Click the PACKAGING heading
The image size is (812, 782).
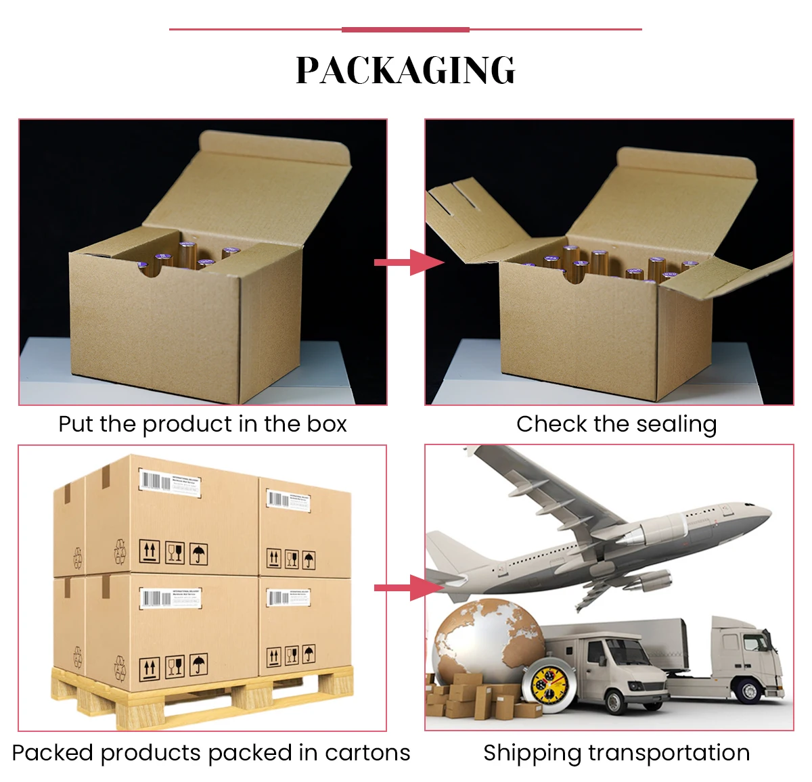coord(405,70)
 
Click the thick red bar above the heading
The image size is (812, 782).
coord(405,30)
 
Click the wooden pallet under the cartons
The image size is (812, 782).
coord(203,697)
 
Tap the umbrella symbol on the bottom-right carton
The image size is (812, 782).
coord(309,655)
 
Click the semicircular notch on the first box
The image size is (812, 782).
coord(150,269)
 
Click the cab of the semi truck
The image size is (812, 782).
coord(744,649)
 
